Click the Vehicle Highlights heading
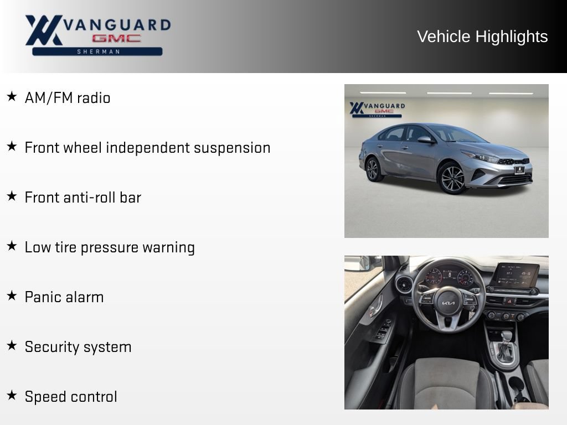pos(482,37)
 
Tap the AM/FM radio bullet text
pos(68,98)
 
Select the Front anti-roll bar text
pos(83,198)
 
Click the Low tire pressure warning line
pos(110,248)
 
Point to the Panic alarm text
pos(64,297)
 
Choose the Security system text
pos(78,348)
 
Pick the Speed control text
pos(71,397)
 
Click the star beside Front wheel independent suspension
pos(12,146)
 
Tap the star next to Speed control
pos(12,395)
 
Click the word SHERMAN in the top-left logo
pos(98,51)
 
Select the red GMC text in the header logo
pos(116,38)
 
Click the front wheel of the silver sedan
pos(452,178)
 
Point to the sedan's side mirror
pos(425,139)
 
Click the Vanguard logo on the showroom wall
pos(377,110)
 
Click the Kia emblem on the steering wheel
pos(448,303)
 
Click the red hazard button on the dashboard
pos(510,301)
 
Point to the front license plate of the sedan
pos(519,169)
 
